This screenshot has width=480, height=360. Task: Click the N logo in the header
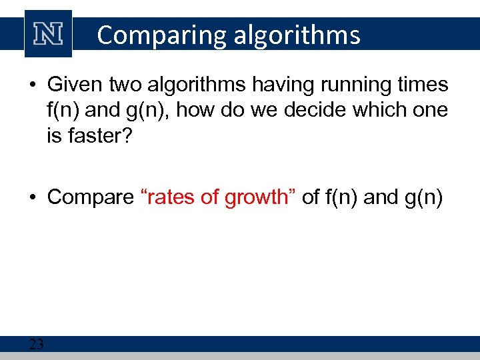point(48,33)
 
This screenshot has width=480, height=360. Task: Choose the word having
point(296,85)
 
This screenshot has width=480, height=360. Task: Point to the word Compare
point(91,197)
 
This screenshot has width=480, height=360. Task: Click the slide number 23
point(36,344)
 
